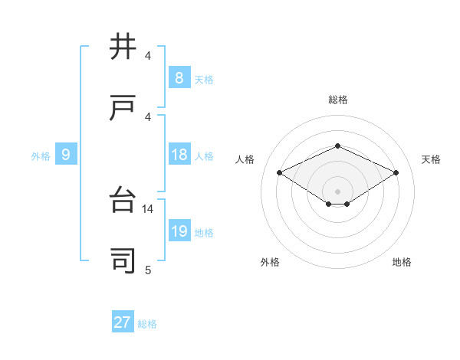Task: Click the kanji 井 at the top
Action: [123, 47]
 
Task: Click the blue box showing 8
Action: [179, 78]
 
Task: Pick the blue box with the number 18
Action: [179, 155]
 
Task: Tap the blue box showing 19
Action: [179, 231]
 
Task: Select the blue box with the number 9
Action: [66, 155]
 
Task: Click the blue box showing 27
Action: [122, 322]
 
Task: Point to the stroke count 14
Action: [149, 208]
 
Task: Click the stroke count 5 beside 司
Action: [148, 270]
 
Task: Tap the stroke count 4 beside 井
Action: [148, 56]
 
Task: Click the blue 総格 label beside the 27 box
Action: [147, 324]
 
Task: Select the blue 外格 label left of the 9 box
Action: [41, 156]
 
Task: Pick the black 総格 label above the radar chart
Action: [337, 100]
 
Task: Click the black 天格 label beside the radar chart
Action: [431, 159]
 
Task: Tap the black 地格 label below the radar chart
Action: [402, 262]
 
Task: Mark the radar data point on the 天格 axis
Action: [396, 172]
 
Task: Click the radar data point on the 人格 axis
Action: [280, 172]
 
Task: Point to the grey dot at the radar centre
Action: [337, 191]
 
